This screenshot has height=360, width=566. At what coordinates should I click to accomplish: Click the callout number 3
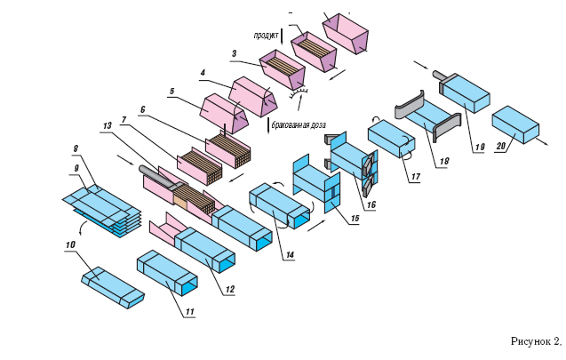click(x=235, y=54)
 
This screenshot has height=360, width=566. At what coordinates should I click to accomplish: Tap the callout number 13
click(x=107, y=125)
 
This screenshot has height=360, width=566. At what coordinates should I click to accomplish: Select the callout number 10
click(x=70, y=244)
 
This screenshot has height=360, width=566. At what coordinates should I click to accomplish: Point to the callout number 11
click(x=190, y=311)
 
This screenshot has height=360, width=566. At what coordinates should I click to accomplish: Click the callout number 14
click(x=290, y=254)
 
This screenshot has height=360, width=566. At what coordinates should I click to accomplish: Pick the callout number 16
click(x=371, y=204)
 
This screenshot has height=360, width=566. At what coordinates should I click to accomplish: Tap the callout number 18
click(x=444, y=161)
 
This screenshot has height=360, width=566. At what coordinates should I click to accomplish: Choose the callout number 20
click(x=501, y=146)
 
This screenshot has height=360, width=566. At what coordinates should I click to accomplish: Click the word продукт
click(x=266, y=36)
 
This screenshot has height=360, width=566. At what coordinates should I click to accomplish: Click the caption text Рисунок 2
click(x=537, y=341)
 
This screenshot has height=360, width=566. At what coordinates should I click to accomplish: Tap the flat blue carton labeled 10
click(x=113, y=288)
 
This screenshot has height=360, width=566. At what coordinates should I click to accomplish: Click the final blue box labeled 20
click(x=515, y=124)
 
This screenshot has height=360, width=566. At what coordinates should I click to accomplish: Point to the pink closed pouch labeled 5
click(x=224, y=113)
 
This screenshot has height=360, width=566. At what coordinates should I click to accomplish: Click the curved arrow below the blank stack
click(x=82, y=228)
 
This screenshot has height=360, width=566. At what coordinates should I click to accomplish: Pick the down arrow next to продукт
click(x=282, y=35)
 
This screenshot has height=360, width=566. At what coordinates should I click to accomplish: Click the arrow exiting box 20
click(x=541, y=141)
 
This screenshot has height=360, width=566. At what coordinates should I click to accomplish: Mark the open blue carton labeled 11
click(x=167, y=274)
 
